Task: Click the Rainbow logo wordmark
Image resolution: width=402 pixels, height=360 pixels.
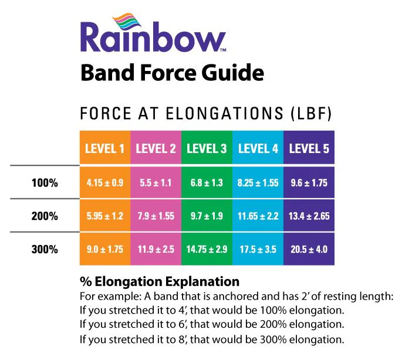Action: point(153,37)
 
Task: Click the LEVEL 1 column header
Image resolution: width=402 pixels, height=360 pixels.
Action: point(105,148)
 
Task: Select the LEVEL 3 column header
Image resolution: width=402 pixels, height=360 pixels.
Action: point(207,148)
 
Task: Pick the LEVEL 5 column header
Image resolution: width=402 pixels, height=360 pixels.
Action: point(309,148)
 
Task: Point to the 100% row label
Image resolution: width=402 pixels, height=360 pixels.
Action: point(45,183)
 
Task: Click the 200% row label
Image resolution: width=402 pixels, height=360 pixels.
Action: point(45,216)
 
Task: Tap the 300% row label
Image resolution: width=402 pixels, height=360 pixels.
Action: point(45,249)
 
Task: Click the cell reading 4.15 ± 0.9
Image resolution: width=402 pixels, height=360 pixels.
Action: point(105,183)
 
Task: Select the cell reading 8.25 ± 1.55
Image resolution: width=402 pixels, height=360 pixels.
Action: point(258,183)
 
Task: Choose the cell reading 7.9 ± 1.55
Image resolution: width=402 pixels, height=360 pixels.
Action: point(156,216)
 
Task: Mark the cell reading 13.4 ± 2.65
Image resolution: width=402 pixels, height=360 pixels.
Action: point(309,216)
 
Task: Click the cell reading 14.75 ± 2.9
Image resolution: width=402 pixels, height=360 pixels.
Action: point(207,249)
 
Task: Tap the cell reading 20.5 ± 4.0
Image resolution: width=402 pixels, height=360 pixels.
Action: point(309,249)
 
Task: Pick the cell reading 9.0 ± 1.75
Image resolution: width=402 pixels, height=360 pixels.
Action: point(105,249)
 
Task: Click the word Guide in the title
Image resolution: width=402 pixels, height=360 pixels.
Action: point(233,73)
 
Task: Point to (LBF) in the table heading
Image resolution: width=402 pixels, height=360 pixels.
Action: point(312,114)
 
